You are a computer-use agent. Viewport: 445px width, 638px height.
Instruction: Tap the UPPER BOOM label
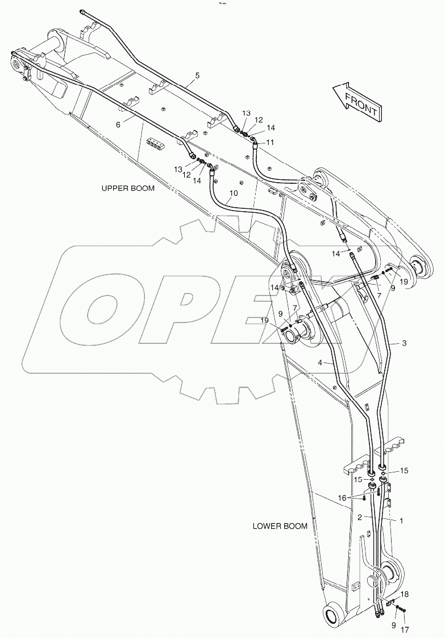[127, 188]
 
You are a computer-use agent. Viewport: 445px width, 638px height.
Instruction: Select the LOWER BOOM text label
[280, 526]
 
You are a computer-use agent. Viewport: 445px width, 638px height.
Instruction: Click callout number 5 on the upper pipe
[197, 75]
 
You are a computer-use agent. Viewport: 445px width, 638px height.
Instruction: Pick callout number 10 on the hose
[233, 193]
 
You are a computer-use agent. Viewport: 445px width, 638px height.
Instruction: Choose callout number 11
[271, 142]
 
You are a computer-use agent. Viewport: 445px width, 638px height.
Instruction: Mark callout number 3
[404, 343]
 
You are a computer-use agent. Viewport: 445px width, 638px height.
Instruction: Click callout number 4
[320, 363]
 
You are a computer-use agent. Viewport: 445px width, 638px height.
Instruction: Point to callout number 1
[401, 520]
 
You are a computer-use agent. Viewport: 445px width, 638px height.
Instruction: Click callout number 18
[404, 594]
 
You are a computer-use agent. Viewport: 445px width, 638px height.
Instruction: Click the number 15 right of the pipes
[404, 471]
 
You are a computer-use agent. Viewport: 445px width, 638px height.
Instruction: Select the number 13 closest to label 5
[246, 113]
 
